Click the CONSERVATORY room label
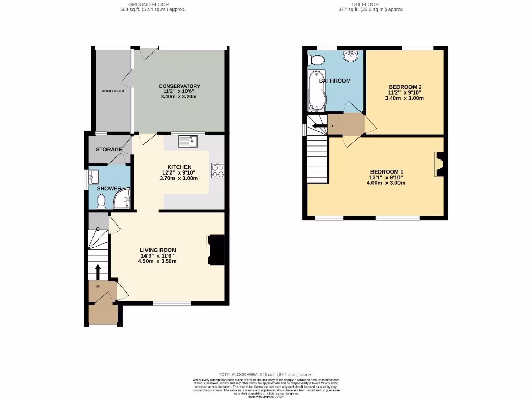tap(179, 86)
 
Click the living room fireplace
tap(217, 250)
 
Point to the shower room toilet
tap(101, 200)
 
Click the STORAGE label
tap(109, 150)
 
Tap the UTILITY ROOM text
tap(112, 91)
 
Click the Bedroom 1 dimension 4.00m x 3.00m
tap(387, 183)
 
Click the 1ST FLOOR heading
tap(378, 4)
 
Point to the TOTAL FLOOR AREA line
tap(265, 374)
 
